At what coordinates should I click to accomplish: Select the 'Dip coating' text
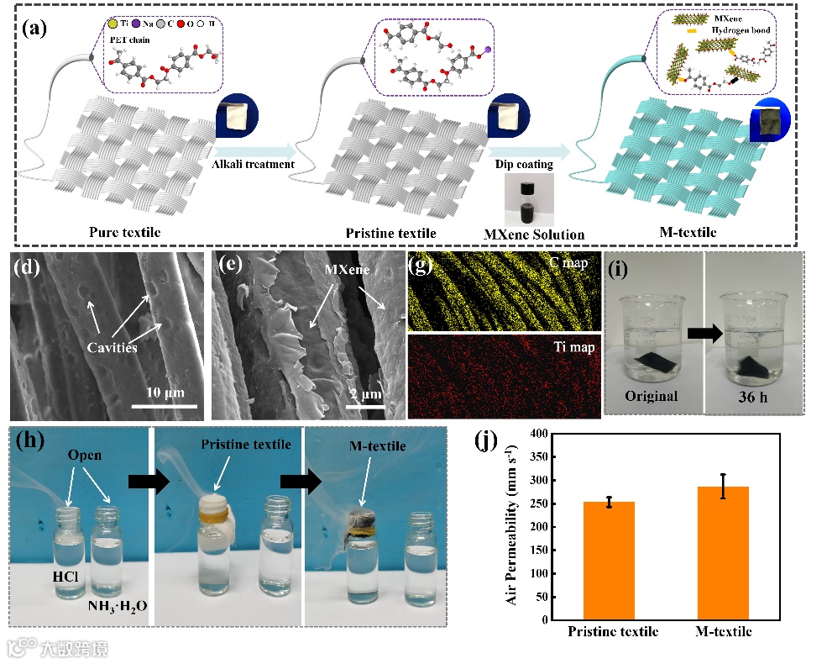526,164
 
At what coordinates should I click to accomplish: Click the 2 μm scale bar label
366,393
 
